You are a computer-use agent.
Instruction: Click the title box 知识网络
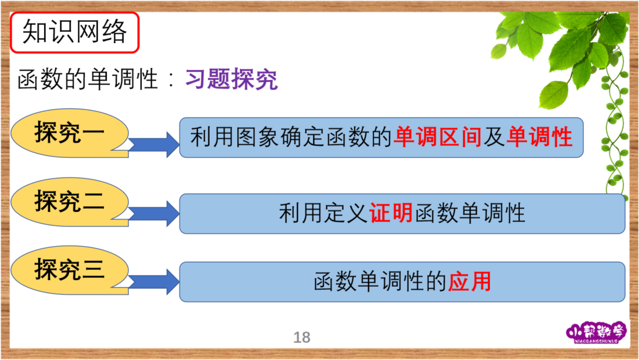pos(75,32)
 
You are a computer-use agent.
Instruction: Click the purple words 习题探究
pos(232,79)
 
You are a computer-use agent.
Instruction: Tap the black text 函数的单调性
pos(88,79)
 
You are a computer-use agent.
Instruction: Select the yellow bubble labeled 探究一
pos(70,133)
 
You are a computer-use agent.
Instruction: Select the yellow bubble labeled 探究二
pos(70,202)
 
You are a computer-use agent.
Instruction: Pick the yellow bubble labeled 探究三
pos(70,270)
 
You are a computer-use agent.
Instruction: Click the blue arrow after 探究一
pos(154,144)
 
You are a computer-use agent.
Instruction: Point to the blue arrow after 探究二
pos(154,214)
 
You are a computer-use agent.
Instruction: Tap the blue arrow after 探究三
pos(154,282)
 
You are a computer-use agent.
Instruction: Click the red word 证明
pos(391,213)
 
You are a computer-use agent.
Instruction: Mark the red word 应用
pos(470,281)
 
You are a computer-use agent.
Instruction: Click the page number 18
pos(302,338)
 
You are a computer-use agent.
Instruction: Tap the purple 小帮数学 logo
pos(596,333)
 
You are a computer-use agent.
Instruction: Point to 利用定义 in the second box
pos(323,213)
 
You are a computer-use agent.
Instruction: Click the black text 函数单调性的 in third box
pos(380,281)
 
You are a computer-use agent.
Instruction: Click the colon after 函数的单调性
pos(171,80)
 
